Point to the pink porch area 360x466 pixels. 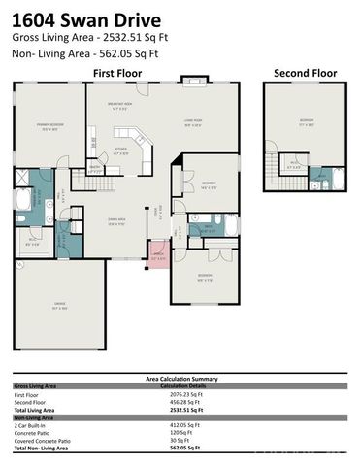[159, 258]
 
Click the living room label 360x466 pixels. [193, 122]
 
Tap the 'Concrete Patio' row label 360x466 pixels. [35, 433]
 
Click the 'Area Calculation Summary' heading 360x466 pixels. [179, 379]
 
